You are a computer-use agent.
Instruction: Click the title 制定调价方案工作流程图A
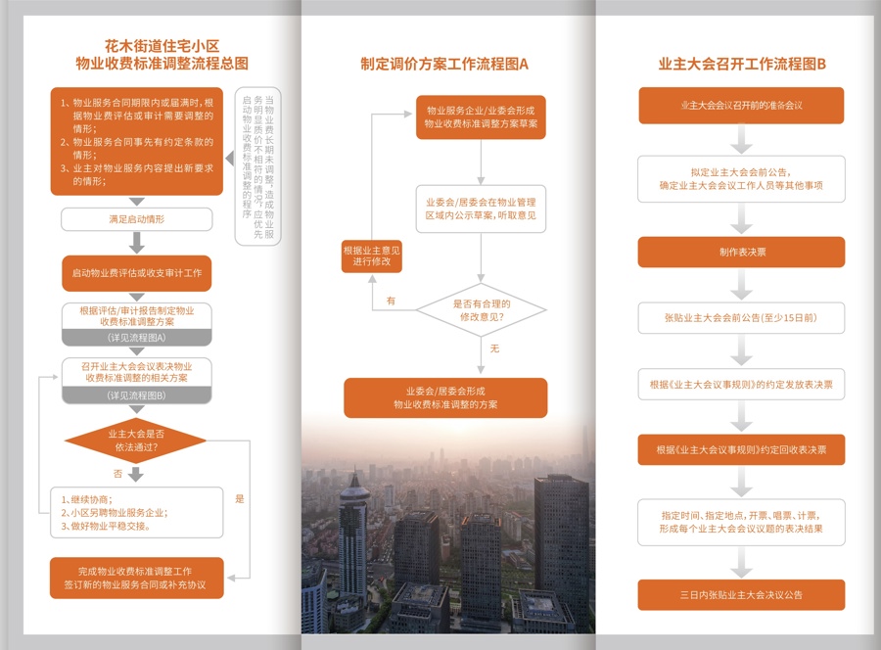coord(444,65)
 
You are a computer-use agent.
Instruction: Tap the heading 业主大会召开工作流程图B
coord(742,65)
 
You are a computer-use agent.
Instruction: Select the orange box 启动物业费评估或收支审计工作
coord(137,272)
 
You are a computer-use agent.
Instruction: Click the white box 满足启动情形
coord(137,219)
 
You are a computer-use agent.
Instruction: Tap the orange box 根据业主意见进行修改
coord(371,257)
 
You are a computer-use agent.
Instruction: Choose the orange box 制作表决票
coord(742,252)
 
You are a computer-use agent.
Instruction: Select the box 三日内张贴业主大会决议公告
coord(742,594)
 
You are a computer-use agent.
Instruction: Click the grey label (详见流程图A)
coord(137,338)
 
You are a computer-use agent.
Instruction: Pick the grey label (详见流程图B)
coord(137,395)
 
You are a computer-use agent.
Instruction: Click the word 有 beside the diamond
coord(391,301)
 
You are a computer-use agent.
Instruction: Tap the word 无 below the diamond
coord(494,349)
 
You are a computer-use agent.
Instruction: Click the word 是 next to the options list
coord(240,499)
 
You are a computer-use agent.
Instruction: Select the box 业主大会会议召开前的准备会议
coord(742,105)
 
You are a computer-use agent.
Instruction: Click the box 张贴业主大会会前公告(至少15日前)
coord(742,318)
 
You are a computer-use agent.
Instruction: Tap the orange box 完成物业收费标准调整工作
coord(137,578)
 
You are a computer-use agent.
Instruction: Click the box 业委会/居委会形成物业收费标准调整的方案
coord(445,396)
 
